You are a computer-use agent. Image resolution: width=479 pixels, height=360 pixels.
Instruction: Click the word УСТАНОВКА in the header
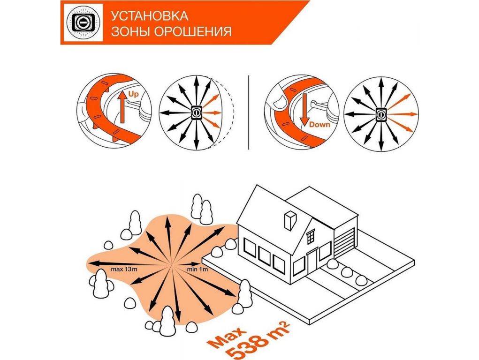149,16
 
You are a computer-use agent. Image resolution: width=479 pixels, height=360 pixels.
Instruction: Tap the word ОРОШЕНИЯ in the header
192,31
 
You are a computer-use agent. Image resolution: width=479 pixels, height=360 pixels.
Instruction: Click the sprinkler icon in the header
83,22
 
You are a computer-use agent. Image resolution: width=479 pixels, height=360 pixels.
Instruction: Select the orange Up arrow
122,106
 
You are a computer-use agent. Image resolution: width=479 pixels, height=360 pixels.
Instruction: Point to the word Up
134,94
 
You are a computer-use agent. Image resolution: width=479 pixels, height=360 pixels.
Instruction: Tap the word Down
319,125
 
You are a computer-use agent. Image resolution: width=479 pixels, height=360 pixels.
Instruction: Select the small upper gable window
311,237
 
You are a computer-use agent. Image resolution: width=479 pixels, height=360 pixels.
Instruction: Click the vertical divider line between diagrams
249,112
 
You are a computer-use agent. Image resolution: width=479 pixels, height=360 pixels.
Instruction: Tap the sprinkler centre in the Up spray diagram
196,112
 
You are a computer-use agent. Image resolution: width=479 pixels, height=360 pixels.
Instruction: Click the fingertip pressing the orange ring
278,102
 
